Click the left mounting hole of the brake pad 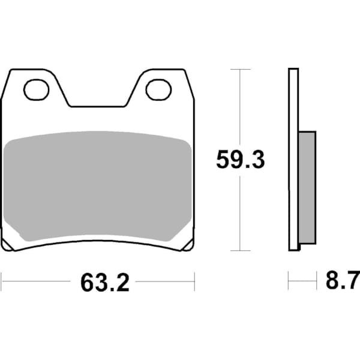coord(36,90)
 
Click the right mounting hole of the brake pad coord(158,90)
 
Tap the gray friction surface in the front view coord(98,186)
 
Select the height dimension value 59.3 coord(240,161)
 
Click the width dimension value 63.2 coord(105,282)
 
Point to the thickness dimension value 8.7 coord(341,281)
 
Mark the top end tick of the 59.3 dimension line coord(240,70)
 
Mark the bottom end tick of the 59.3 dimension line coord(240,250)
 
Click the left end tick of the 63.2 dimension coord(2,280)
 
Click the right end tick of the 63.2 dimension coord(194,280)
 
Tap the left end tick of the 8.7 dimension coord(289,280)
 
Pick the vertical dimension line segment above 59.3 coord(240,108)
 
